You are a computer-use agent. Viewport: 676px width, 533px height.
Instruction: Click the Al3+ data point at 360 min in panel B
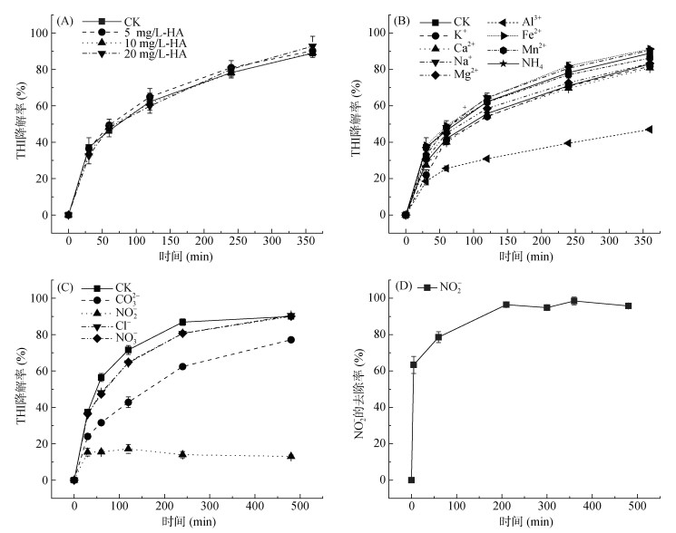coord(649,130)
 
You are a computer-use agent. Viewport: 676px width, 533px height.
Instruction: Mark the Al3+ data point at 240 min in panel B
coord(568,143)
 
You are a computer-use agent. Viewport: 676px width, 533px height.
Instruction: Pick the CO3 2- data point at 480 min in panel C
coord(290,340)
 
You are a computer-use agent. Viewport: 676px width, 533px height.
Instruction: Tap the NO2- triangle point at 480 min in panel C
coord(290,456)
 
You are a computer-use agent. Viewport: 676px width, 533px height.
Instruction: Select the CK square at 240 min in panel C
coord(182,322)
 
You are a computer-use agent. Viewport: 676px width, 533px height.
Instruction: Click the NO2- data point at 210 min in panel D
coord(505,305)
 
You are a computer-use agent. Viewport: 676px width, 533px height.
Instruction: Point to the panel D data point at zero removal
coord(411,480)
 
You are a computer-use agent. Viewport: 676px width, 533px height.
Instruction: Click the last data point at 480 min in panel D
coord(627,306)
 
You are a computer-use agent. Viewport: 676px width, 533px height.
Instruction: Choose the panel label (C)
coord(64,286)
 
